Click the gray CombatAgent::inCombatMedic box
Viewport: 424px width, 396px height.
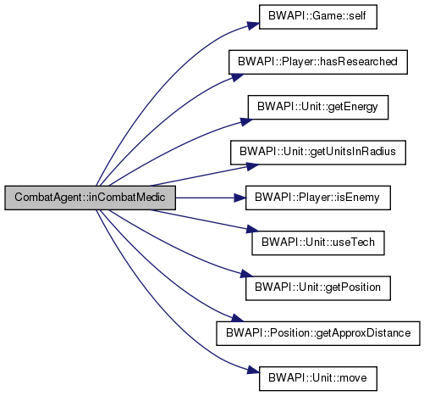tap(90, 198)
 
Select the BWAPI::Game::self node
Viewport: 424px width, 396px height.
tap(318, 17)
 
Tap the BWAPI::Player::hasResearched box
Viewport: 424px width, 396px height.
tap(318, 62)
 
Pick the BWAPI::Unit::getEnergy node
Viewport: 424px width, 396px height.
tap(318, 107)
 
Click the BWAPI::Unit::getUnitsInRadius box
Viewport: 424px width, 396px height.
tap(318, 153)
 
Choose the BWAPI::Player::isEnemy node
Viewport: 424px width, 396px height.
tap(318, 198)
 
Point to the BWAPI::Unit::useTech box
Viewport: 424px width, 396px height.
tap(318, 243)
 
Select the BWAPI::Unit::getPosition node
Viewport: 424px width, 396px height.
tap(318, 288)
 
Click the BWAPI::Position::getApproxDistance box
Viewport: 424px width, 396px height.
tap(318, 333)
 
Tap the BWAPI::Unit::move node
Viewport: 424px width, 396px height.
tap(318, 379)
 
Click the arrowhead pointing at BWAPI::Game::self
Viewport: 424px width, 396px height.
tap(253, 25)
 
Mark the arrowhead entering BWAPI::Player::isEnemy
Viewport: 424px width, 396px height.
tap(240, 198)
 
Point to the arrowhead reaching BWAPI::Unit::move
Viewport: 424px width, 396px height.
tap(253, 371)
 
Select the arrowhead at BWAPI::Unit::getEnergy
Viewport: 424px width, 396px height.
tap(246, 121)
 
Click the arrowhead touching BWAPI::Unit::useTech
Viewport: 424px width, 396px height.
tap(252, 229)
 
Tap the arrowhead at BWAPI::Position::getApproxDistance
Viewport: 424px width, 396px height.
tap(238, 318)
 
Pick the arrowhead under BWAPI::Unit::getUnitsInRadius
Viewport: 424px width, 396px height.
tap(252, 166)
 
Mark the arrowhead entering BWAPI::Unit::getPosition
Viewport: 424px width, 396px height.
tap(246, 274)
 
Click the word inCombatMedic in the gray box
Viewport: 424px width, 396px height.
tap(127, 198)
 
